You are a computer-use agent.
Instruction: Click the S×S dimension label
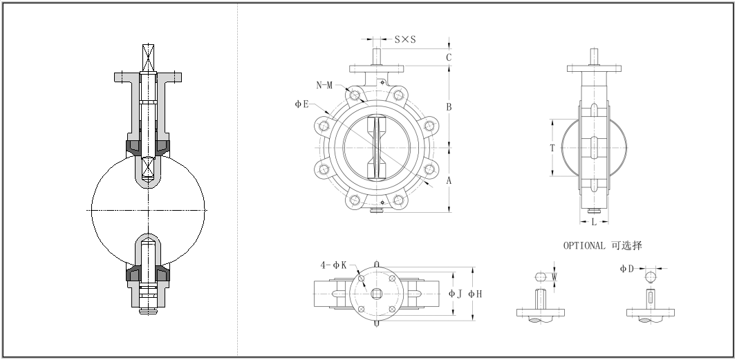[405, 39]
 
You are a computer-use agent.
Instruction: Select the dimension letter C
[449, 57]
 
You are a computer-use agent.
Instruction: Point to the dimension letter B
[449, 107]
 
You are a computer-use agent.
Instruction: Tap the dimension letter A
[449, 180]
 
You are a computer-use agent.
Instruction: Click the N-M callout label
[326, 85]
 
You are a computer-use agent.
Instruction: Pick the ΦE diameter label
[301, 104]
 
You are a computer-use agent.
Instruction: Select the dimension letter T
[552, 147]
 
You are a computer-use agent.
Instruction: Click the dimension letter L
[594, 222]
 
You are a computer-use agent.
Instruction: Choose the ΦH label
[475, 294]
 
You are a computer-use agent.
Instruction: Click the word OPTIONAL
[584, 245]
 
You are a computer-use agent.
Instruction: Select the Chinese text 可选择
[627, 245]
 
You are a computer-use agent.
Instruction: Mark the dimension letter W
[554, 276]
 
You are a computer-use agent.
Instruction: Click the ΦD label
[626, 268]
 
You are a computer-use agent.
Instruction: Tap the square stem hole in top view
[376, 294]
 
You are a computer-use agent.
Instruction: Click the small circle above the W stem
[541, 276]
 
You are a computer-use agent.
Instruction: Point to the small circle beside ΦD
[650, 276]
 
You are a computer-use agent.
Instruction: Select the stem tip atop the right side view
[594, 55]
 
